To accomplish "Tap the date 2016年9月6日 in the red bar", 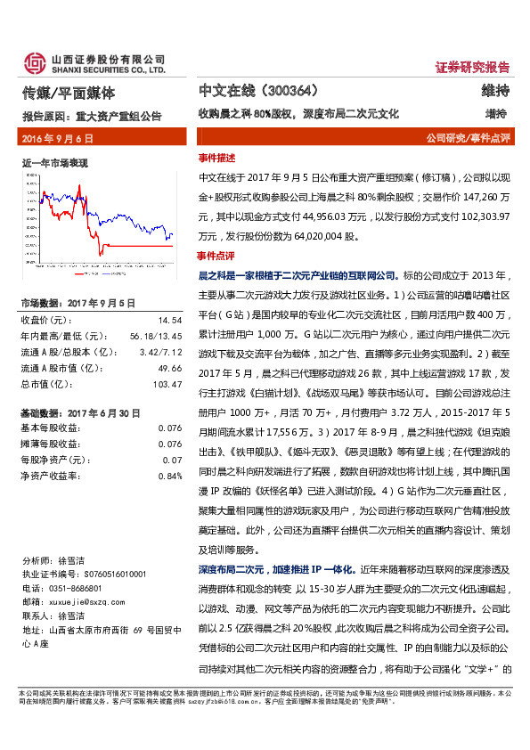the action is (56, 138).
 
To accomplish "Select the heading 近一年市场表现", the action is (53, 164).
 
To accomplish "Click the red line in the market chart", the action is (134, 243).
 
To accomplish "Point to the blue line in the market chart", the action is (134, 214).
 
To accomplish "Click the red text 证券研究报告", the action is (472, 67).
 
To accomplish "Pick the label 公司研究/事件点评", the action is (467, 139).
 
